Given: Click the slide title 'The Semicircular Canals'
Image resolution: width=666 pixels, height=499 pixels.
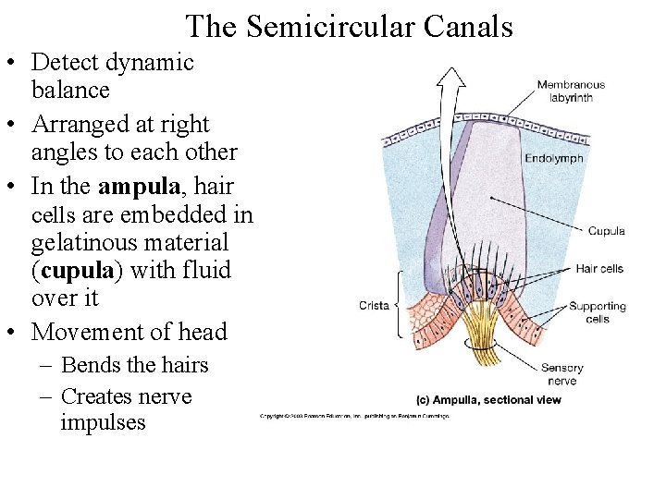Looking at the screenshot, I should (349, 26).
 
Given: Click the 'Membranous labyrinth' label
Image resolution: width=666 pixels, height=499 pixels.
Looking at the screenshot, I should (571, 91).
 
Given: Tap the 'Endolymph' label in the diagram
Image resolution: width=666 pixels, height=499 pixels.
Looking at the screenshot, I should (554, 159).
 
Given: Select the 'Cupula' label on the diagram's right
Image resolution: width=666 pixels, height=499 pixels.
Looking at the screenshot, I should (606, 231).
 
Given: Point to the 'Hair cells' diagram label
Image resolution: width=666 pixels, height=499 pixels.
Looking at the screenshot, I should (599, 269).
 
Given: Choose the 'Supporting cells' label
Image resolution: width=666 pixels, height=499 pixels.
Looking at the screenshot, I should (597, 312).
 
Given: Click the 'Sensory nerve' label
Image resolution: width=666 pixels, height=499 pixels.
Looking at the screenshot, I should (561, 374).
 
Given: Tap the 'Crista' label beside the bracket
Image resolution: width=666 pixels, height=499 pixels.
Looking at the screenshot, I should (374, 305).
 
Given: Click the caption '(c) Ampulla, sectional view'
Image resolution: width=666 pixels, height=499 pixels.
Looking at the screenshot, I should (487, 400).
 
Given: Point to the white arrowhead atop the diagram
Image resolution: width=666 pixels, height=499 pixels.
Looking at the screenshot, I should (451, 77).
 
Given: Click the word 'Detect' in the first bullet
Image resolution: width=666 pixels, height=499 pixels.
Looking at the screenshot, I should (66, 62).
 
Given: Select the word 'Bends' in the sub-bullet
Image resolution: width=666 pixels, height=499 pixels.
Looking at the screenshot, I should (88, 365).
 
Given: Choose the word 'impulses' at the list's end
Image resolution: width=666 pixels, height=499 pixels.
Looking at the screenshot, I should (103, 422).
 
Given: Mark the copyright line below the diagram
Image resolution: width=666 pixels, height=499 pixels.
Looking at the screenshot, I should (353, 416).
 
